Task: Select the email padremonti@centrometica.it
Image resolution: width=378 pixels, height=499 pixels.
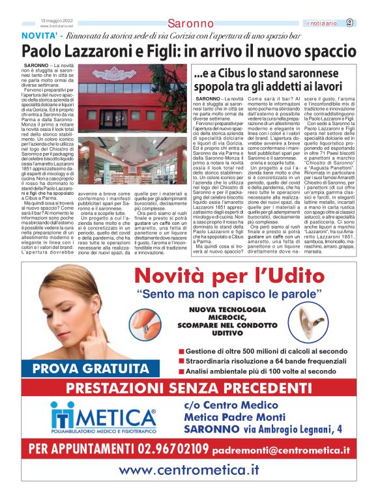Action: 282,449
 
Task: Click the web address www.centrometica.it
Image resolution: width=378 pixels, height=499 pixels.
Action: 189,469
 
